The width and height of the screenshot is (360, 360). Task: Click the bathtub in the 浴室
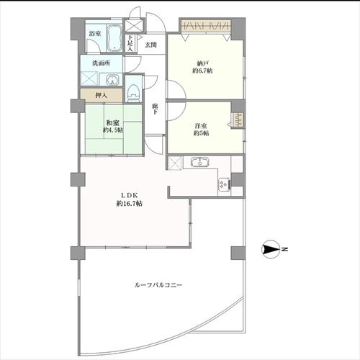(114, 37)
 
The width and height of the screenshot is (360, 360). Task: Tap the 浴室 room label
(95, 34)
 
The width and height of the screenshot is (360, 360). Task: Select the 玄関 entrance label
(151, 45)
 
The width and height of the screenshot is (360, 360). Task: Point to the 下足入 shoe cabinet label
(130, 43)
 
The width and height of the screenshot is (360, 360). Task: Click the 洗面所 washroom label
(102, 63)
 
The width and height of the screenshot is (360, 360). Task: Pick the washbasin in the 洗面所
(111, 79)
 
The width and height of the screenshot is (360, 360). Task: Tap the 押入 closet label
(101, 95)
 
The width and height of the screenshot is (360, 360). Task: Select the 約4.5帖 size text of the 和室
(113, 130)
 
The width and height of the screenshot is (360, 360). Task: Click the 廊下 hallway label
(155, 109)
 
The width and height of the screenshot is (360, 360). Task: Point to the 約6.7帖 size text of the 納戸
(202, 71)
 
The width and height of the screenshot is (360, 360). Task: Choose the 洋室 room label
(201, 126)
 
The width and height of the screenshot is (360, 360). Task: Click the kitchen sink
(199, 161)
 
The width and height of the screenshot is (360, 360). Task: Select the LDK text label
(129, 195)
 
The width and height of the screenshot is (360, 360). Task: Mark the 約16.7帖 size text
(130, 204)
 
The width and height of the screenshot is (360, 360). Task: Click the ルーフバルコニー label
(158, 285)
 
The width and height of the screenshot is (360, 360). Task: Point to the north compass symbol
(271, 249)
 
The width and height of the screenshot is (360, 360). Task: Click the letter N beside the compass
(285, 249)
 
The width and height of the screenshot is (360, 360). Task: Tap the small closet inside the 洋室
(238, 120)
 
